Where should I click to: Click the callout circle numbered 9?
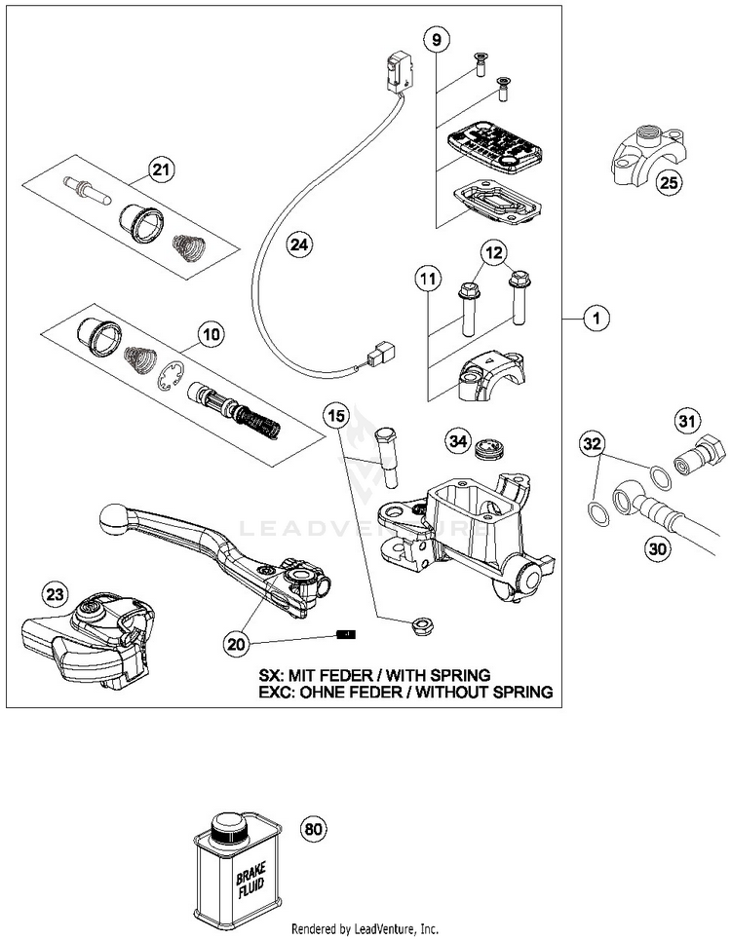[436, 40]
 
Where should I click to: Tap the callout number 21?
[161, 170]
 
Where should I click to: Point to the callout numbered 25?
[669, 181]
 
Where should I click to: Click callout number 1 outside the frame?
[596, 318]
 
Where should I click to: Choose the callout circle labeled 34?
[459, 442]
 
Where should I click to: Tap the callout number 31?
[687, 422]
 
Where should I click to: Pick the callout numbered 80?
[314, 830]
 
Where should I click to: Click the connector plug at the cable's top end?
[398, 72]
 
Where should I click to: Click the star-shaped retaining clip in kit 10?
[171, 376]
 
